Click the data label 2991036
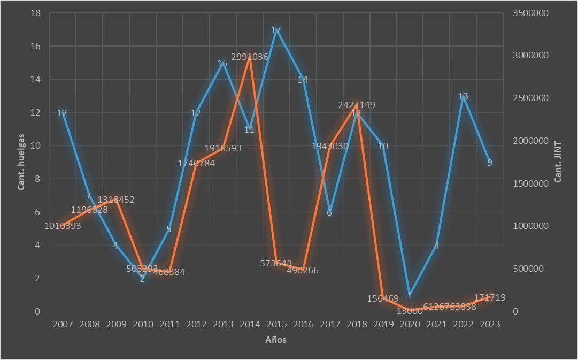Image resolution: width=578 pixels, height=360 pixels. pyautogui.click(x=250, y=56)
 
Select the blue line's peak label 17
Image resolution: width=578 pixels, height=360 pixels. pyautogui.click(x=276, y=30)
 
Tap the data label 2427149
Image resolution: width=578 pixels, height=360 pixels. pyautogui.click(x=357, y=105)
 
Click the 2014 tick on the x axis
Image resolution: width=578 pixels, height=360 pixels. pyautogui.click(x=249, y=324)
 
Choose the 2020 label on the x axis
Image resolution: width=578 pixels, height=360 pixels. pyautogui.click(x=410, y=324)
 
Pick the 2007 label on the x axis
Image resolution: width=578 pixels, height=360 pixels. pyautogui.click(x=63, y=324)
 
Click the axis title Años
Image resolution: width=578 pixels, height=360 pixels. pyautogui.click(x=276, y=340)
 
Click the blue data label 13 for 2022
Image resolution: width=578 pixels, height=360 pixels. pyautogui.click(x=463, y=97)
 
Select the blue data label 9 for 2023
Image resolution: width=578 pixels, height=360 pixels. pyautogui.click(x=490, y=163)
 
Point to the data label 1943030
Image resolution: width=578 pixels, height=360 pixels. pyautogui.click(x=330, y=146)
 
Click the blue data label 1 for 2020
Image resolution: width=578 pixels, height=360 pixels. pyautogui.click(x=410, y=295)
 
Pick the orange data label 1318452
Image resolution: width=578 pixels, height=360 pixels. pyautogui.click(x=116, y=200)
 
